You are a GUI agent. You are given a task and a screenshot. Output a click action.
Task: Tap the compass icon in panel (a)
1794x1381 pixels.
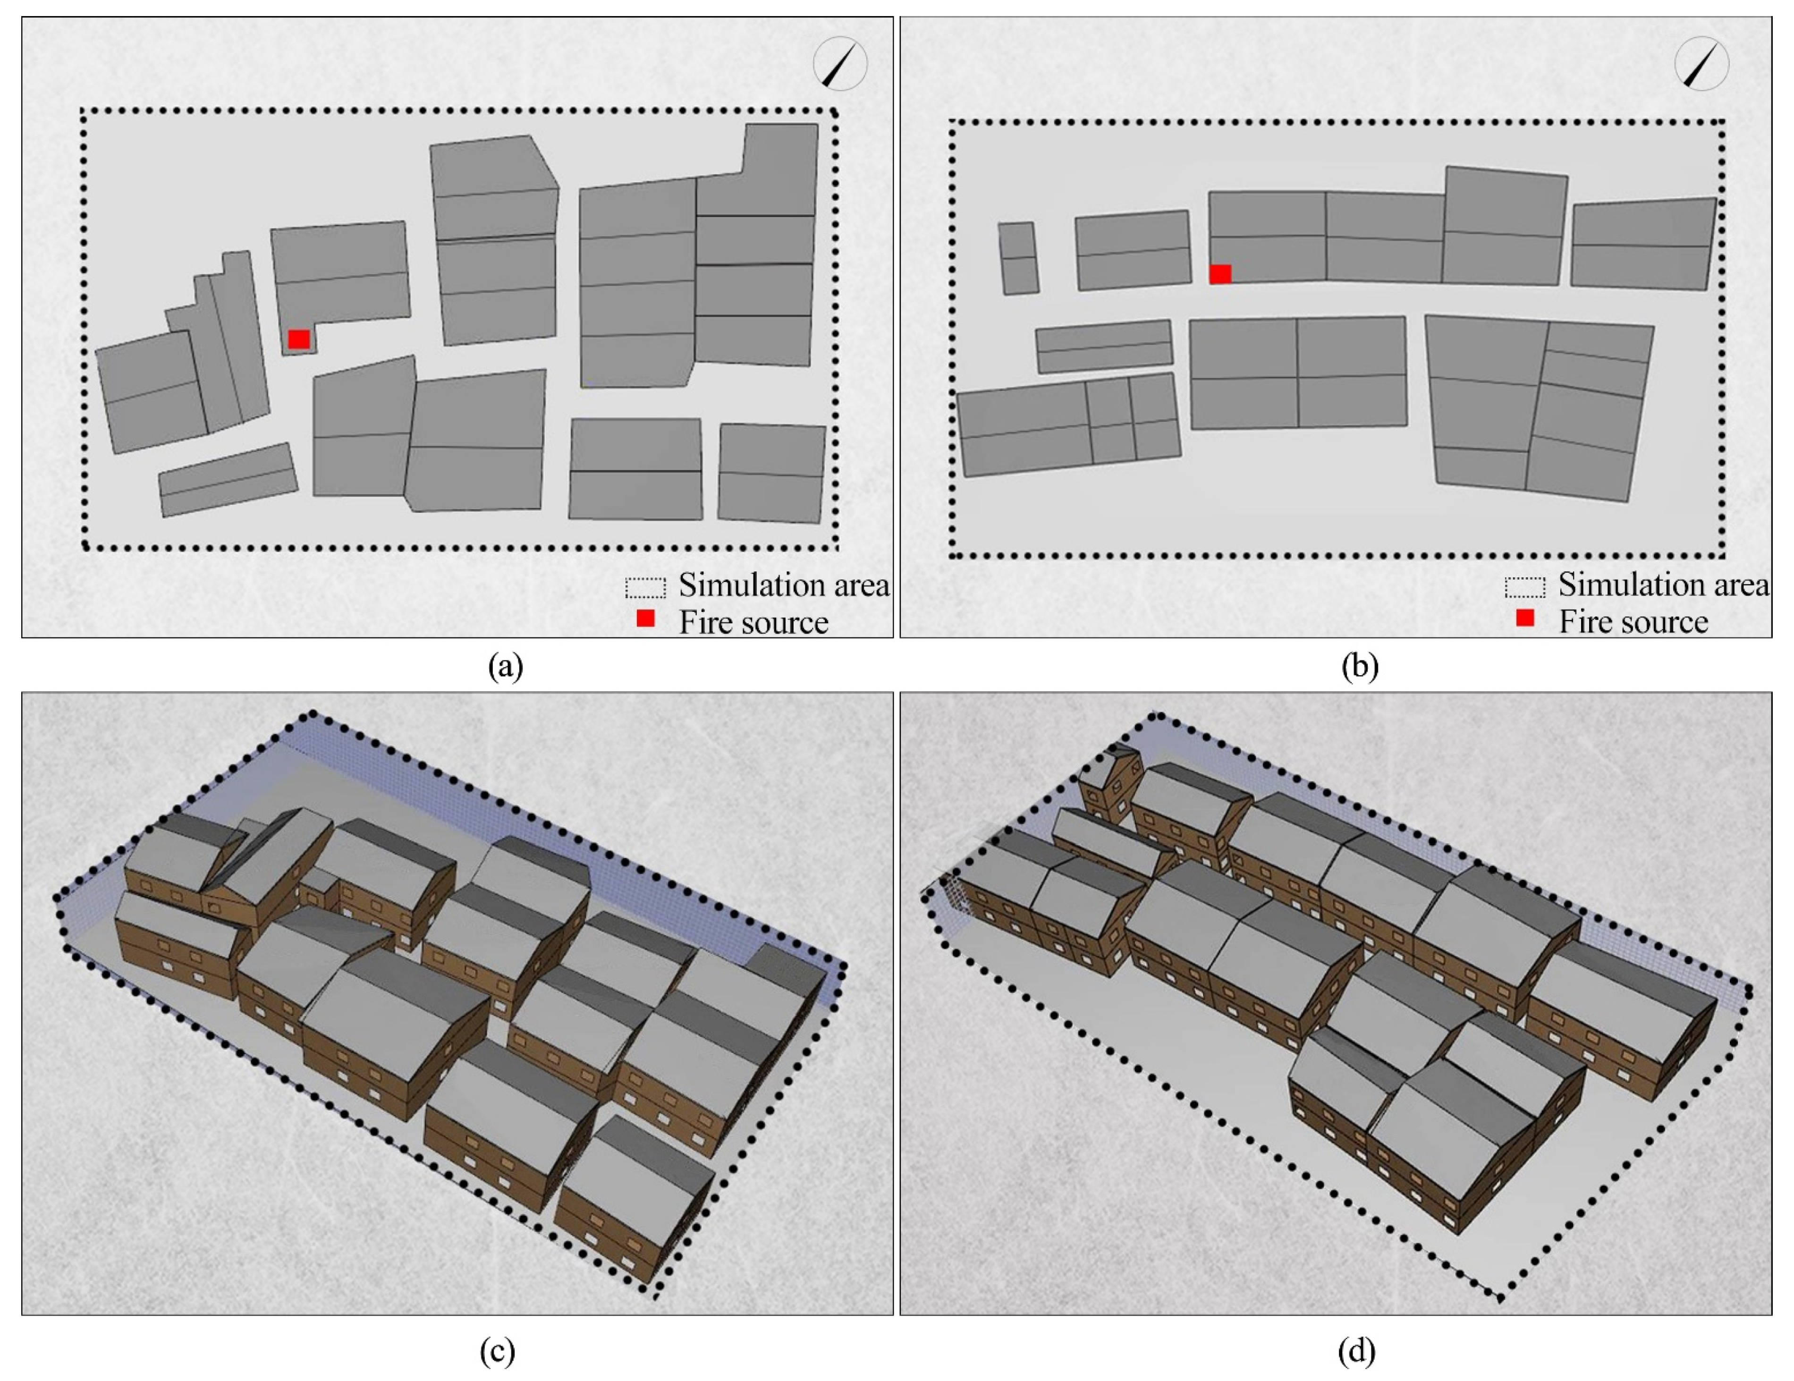click(840, 63)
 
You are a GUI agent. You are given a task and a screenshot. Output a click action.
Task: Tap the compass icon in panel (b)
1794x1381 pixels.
click(1701, 63)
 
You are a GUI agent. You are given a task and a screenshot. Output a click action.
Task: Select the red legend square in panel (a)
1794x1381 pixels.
click(646, 618)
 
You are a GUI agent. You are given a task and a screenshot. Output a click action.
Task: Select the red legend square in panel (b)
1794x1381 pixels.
click(1525, 618)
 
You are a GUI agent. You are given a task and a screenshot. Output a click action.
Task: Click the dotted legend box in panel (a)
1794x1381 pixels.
click(646, 587)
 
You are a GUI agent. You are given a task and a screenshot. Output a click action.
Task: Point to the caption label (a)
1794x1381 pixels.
click(505, 665)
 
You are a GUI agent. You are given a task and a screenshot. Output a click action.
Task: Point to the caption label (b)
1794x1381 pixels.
click(1360, 665)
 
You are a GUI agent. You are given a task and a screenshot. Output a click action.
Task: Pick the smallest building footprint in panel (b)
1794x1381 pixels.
click(1019, 258)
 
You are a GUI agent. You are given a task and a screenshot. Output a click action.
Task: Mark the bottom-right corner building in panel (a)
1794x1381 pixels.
click(771, 473)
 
